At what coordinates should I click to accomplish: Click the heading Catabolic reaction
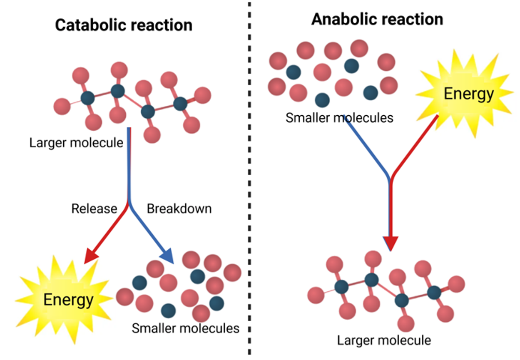[x=124, y=25]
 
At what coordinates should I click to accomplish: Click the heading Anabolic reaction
[x=377, y=19]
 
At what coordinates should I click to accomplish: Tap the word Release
[x=94, y=208]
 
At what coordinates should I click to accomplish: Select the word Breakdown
[x=179, y=208]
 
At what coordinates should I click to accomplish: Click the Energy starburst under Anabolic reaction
[x=468, y=94]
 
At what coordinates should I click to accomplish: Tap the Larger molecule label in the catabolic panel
[x=76, y=143]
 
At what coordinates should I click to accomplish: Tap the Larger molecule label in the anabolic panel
[x=384, y=340]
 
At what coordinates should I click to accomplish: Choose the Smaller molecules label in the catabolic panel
[x=186, y=328]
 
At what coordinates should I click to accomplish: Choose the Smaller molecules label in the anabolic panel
[x=339, y=118]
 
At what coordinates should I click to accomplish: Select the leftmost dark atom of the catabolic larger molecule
[x=87, y=99]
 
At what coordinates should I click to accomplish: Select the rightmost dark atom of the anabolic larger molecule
[x=434, y=293]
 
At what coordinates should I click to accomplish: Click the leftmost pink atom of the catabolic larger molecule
[x=62, y=107]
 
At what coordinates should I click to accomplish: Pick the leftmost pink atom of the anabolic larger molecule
[x=316, y=295]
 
